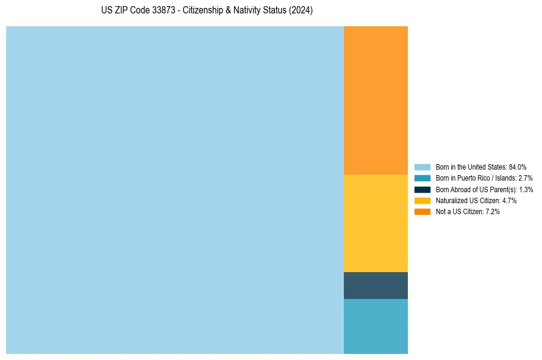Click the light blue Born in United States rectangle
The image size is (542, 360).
point(175,190)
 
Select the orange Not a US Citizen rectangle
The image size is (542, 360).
point(376,100)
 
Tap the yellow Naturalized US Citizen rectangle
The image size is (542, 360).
point(376,223)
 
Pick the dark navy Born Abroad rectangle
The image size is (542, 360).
point(376,286)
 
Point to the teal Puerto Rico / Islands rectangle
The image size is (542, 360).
point(376,326)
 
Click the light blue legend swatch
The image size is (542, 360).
point(423,167)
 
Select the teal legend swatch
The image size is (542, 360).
point(423,178)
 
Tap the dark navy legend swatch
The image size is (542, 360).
point(423,189)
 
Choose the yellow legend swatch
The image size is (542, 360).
point(423,200)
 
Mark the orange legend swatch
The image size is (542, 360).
point(423,211)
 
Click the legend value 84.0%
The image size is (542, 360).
point(517,167)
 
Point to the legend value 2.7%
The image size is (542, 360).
point(525,178)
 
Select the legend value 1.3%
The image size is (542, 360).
point(526,189)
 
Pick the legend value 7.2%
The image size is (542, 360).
point(493,211)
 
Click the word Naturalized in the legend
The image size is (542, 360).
point(450,200)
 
